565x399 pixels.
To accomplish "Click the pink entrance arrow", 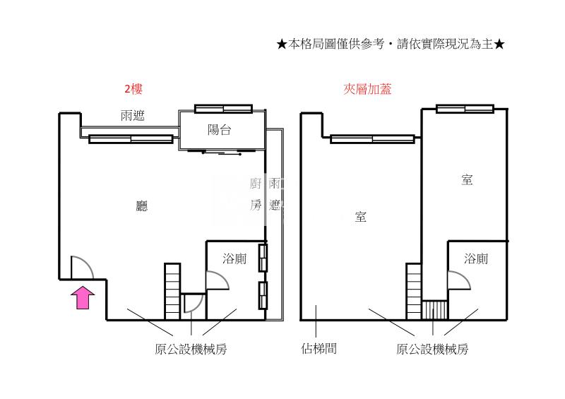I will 83,297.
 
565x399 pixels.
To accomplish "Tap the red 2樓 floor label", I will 133,90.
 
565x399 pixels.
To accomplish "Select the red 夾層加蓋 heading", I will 367,90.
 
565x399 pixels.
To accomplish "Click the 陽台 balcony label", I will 220,130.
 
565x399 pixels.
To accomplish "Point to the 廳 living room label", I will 142,206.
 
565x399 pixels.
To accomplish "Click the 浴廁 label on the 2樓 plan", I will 234,258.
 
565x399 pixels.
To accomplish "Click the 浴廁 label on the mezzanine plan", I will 476,258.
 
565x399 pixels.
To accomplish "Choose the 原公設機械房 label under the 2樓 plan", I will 191,349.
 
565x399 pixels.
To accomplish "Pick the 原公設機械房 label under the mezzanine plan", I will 432,349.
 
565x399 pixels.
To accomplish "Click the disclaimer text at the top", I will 391,44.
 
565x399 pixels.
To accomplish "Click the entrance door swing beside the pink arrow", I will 81,266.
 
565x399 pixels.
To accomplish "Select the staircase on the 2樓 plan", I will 172,291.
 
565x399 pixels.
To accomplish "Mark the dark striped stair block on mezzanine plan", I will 434,310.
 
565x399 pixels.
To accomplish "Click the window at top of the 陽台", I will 223,108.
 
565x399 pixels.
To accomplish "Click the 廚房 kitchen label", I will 256,195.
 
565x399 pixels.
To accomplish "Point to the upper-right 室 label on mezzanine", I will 466,180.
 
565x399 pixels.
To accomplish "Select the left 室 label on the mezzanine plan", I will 360,218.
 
